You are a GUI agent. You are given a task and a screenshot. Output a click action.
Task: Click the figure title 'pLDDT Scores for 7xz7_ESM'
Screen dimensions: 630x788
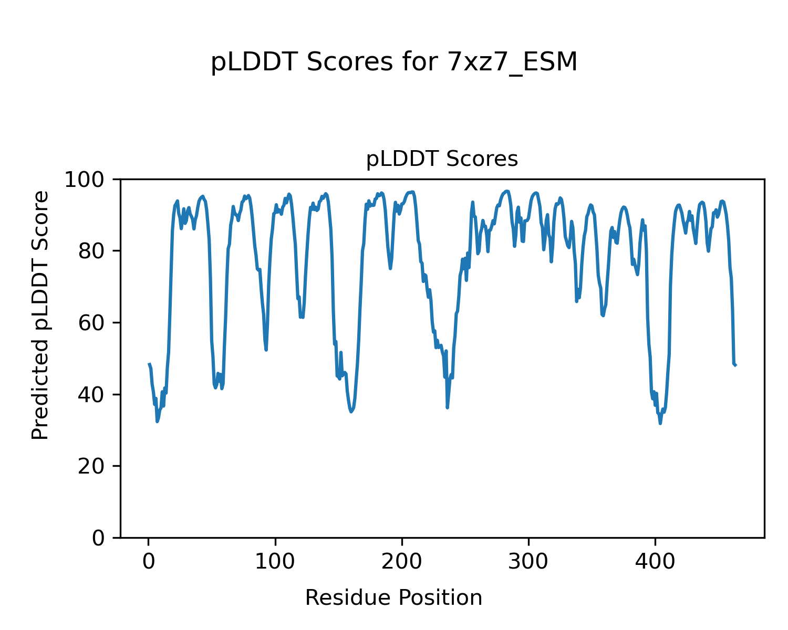click(394, 62)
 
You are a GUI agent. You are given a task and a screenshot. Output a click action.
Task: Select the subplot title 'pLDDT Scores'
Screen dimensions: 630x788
click(442, 159)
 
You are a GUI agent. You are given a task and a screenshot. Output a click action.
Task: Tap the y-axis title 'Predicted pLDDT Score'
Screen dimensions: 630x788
click(40, 315)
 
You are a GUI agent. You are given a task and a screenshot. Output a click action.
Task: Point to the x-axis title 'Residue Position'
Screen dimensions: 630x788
click(393, 598)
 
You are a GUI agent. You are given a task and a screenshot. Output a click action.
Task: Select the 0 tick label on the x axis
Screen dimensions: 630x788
click(149, 561)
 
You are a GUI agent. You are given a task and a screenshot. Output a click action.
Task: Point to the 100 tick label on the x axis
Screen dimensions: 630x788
click(275, 561)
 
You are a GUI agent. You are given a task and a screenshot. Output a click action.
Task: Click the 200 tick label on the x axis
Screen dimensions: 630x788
click(402, 561)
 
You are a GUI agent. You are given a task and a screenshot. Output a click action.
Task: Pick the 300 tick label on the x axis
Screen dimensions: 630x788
click(528, 561)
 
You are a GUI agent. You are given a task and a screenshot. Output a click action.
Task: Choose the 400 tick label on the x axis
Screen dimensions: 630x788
click(655, 561)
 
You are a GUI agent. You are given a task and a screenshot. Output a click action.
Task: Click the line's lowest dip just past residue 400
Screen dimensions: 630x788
click(660, 423)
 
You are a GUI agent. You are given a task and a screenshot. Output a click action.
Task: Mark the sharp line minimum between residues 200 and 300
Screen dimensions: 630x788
click(447, 407)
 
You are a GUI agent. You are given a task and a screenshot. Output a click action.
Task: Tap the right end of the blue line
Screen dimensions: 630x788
click(735, 365)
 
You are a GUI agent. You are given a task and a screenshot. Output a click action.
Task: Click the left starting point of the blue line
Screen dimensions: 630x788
click(149, 364)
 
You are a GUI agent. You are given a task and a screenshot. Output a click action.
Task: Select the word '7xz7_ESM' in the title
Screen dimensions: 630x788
click(512, 62)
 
